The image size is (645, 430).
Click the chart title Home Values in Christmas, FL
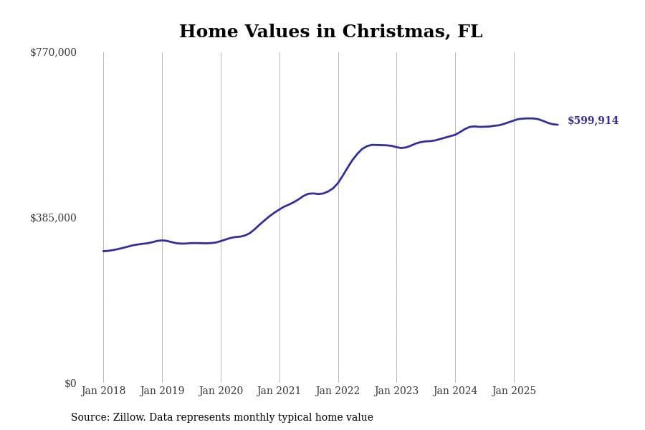point(330,32)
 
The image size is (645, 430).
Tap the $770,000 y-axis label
point(53,52)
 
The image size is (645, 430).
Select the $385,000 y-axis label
point(53,218)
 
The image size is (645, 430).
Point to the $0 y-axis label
point(70,383)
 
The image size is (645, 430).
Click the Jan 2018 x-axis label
point(103,391)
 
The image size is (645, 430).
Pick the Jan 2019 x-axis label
point(162,391)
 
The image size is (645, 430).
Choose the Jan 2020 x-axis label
point(221,391)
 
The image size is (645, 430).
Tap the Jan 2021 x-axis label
point(279,391)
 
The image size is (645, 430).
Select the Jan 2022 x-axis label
point(338,391)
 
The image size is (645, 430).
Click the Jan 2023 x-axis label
point(396,391)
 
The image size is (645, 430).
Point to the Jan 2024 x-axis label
point(455,391)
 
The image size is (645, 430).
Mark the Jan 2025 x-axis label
point(514,391)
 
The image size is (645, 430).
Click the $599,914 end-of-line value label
point(593,121)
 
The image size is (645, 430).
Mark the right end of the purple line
point(558,125)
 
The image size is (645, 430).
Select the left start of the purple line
point(103,251)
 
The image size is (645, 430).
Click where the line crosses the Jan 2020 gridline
point(221,241)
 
